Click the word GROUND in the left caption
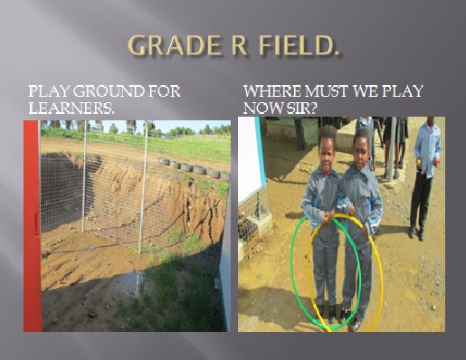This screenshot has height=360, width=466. [x=108, y=91]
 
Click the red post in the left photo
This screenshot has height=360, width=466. [x=32, y=226]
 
